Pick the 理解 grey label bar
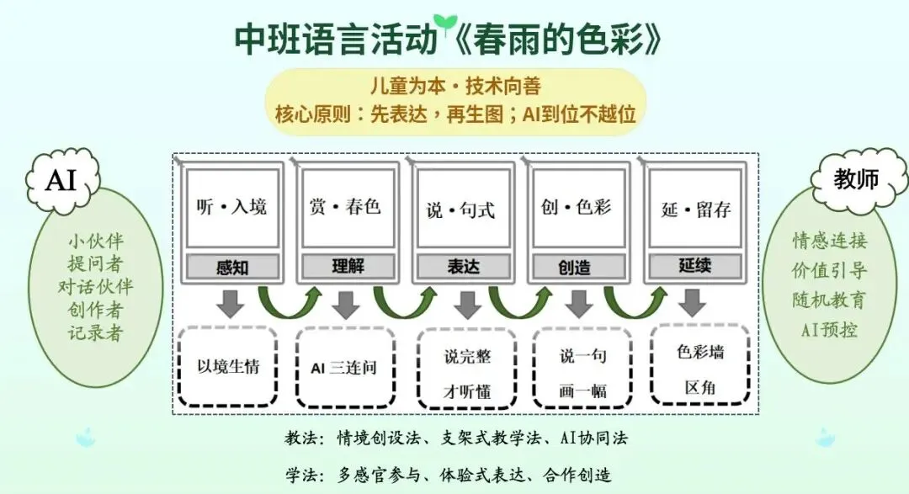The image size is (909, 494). point(346,267)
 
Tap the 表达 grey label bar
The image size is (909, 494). point(461,267)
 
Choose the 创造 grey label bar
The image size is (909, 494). point(577,267)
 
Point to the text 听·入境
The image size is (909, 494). point(231,207)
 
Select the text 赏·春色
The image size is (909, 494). point(346,207)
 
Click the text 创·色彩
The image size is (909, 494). point(577,207)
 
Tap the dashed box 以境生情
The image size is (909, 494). point(228,368)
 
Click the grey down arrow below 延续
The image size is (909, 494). point(693,303)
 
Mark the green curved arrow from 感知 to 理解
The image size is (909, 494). point(289,301)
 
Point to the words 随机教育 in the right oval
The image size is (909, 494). point(828,300)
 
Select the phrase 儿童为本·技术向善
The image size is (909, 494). point(455,88)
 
